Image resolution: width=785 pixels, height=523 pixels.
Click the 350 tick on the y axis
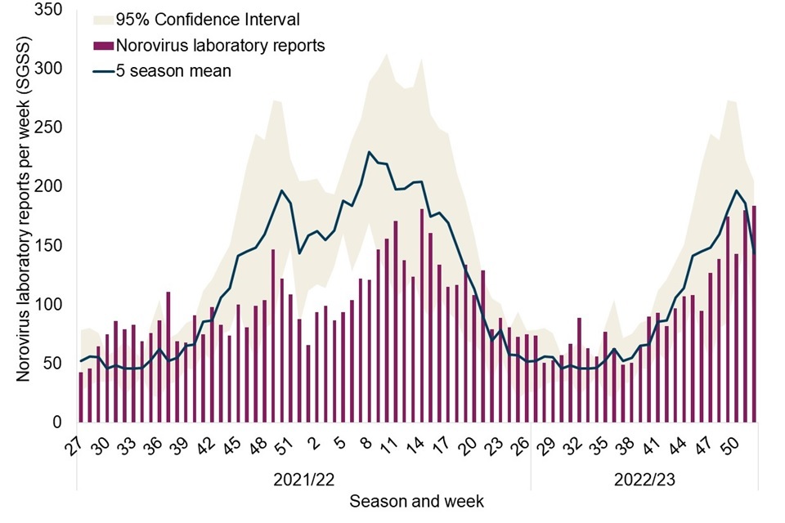coord(52,11)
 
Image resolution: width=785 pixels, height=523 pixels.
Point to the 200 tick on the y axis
coord(52,186)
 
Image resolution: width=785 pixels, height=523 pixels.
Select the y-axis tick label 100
coord(52,304)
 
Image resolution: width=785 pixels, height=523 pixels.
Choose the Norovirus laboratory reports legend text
coord(220,46)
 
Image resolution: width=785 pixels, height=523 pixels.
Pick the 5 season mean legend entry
coord(173,71)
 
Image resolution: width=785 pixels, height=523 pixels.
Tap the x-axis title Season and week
coord(417,499)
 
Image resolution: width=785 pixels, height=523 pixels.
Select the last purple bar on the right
coord(754,315)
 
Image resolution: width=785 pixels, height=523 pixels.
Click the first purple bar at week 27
coord(81,397)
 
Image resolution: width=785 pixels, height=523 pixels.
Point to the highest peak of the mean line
coord(370,152)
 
